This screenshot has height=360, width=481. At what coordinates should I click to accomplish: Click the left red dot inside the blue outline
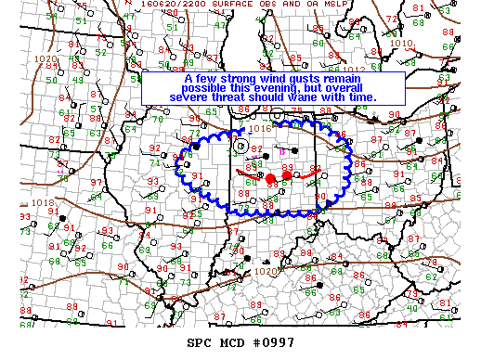pos(270,178)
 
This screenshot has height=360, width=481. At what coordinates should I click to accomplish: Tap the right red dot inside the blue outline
pos(287,174)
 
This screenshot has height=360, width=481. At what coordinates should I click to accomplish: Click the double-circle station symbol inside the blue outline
pos(241,145)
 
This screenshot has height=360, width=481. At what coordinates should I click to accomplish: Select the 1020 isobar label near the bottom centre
pos(266,272)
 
